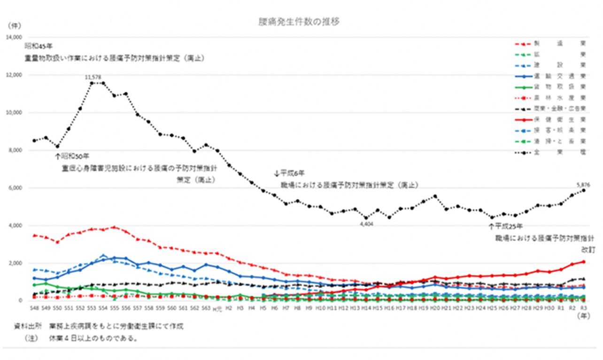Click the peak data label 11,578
93,77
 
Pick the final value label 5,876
584,184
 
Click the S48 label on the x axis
34,308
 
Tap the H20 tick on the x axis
435,308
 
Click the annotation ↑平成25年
506,227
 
